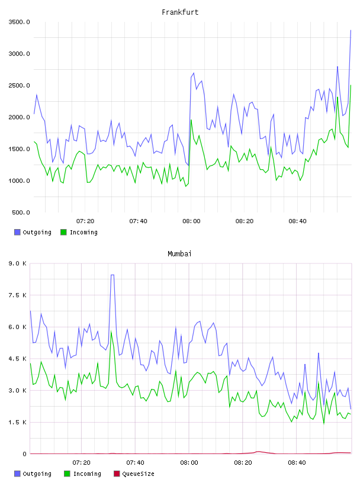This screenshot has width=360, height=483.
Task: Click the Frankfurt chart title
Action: pos(180,12)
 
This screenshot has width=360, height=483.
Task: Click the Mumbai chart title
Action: pos(179,254)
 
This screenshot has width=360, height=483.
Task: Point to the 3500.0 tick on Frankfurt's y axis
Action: pos(19,22)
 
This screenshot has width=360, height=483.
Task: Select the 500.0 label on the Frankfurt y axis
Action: pos(21,212)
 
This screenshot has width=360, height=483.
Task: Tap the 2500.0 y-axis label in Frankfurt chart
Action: pos(19,85)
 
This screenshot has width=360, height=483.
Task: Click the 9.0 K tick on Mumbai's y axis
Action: pos(17,263)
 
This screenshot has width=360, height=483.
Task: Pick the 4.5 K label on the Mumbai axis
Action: pos(17,359)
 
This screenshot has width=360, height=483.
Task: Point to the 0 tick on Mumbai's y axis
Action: pos(24,454)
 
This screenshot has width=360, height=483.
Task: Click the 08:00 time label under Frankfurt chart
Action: pos(191,221)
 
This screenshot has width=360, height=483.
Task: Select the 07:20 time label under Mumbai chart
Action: pos(81,463)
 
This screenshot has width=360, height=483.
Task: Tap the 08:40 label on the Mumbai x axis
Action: pos(297,463)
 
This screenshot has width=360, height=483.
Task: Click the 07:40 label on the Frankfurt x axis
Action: pos(139,221)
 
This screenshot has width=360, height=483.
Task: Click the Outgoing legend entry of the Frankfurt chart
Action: pos(33,232)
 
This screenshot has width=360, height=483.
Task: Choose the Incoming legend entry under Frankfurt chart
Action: pos(79,232)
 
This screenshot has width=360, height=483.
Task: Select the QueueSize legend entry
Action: pos(134,474)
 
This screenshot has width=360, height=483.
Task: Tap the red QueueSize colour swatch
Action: pos(117,474)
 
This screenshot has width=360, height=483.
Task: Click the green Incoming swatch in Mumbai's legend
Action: pos(67,474)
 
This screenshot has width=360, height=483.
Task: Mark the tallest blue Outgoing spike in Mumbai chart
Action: pos(112,275)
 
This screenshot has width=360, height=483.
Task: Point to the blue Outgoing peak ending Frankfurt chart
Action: pos(351,30)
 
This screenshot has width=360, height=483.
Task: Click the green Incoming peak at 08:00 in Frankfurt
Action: pos(191,120)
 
